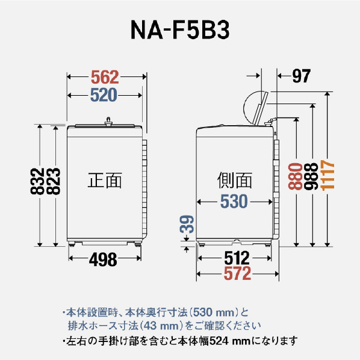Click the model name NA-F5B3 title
click(x=180, y=30)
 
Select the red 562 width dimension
click(x=105, y=77)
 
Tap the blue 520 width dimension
click(x=104, y=95)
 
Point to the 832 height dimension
click(x=37, y=181)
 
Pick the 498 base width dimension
click(x=103, y=259)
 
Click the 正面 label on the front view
click(x=105, y=180)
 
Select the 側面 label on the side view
click(x=235, y=180)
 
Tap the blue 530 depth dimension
click(x=234, y=201)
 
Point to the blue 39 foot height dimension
click(x=187, y=225)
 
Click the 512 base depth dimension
click(x=237, y=258)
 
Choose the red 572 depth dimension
click(x=237, y=273)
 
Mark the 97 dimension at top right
click(x=302, y=76)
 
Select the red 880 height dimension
click(x=295, y=176)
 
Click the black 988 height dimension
click(x=311, y=176)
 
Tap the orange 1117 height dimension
click(x=327, y=175)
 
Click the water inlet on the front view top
click(x=108, y=122)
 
